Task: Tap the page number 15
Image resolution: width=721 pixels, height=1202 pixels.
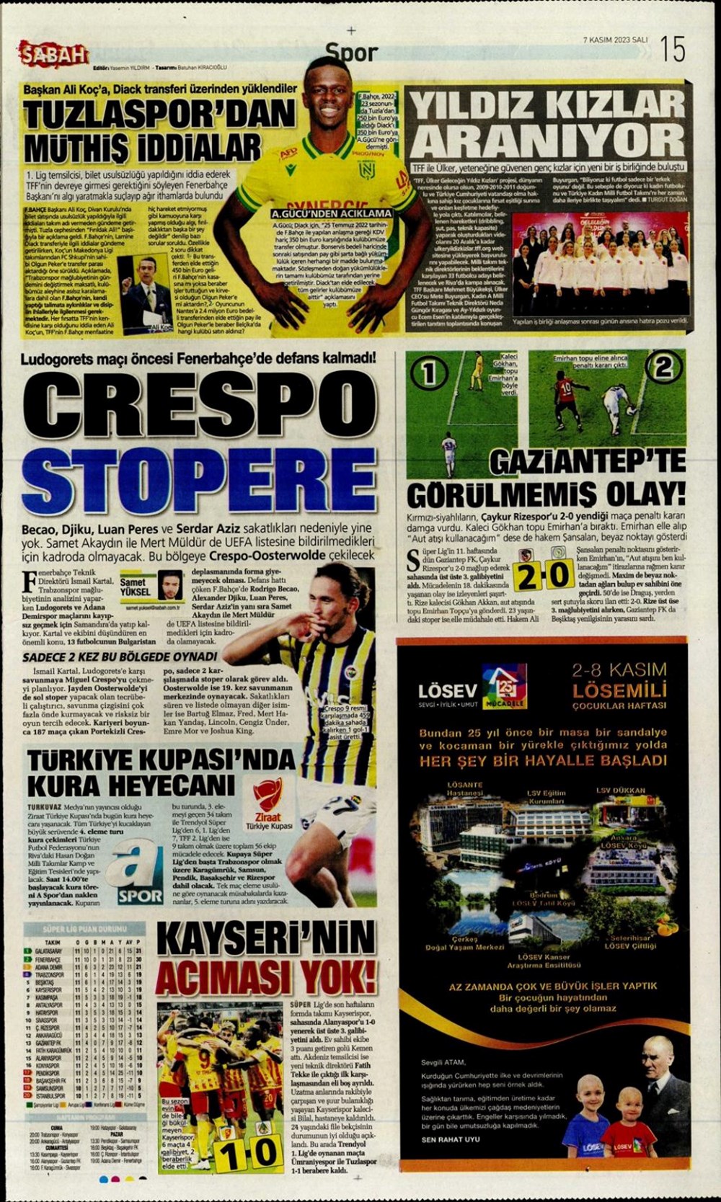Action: coord(671,48)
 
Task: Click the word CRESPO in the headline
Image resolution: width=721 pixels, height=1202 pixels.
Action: coord(198,406)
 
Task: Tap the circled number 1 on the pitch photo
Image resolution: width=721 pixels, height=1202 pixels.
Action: coord(428,372)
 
